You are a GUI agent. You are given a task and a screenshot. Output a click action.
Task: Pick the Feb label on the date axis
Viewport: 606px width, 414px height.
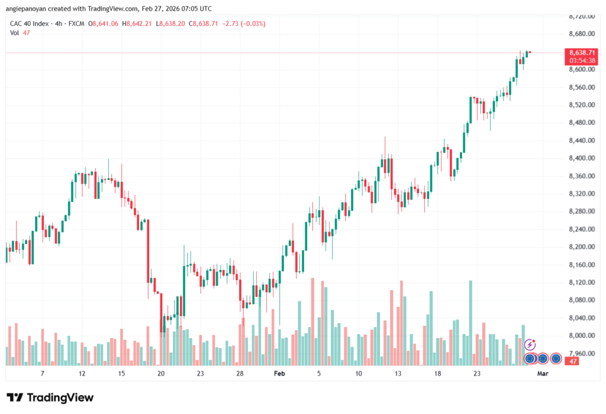[x=279, y=374]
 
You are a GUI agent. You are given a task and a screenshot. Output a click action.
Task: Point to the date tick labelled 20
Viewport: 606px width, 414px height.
[x=161, y=374]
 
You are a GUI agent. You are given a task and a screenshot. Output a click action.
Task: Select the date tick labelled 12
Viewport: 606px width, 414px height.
[x=82, y=374]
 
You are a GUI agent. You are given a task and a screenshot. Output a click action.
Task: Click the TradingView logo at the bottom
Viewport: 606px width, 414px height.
[x=50, y=397]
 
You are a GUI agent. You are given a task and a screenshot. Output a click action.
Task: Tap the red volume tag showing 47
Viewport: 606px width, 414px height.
[x=572, y=361]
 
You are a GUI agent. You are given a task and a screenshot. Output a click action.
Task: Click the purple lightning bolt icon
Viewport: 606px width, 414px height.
[x=530, y=344]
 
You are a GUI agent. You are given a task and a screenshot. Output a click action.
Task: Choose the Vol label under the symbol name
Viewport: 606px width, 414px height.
[x=15, y=33]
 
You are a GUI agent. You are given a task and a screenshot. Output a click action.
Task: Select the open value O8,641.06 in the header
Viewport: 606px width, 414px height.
[x=103, y=24]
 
